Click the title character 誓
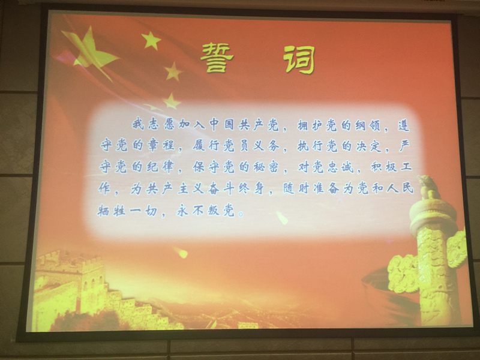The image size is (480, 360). click(217, 58)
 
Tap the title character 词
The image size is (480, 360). click(299, 59)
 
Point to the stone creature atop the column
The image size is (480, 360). click(428, 187)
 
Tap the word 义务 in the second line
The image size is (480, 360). click(266, 146)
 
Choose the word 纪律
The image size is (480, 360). click(160, 166)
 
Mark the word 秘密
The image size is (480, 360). click(266, 167)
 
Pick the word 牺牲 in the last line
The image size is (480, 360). click(112, 211)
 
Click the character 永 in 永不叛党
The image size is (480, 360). click(182, 211)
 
